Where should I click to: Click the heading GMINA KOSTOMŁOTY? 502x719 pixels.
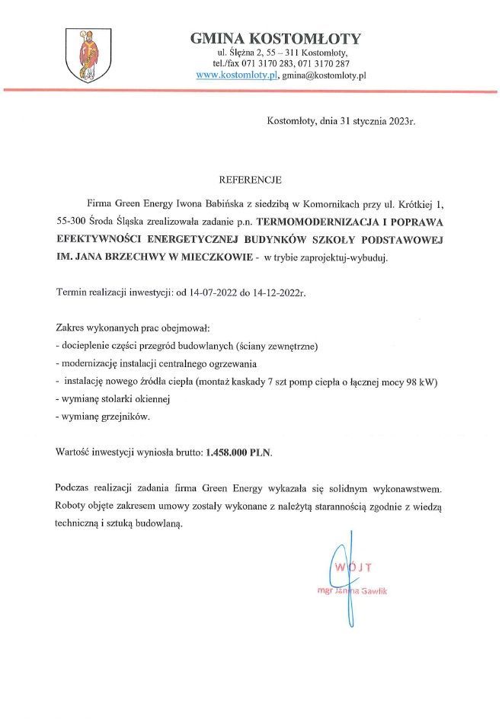(x=275, y=39)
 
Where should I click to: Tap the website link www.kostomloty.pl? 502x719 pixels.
(x=236, y=76)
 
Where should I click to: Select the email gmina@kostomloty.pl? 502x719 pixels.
(x=325, y=76)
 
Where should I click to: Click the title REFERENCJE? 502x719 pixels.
(x=250, y=181)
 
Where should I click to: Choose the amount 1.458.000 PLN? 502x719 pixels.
(x=238, y=452)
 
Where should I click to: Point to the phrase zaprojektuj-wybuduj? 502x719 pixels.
(x=349, y=257)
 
